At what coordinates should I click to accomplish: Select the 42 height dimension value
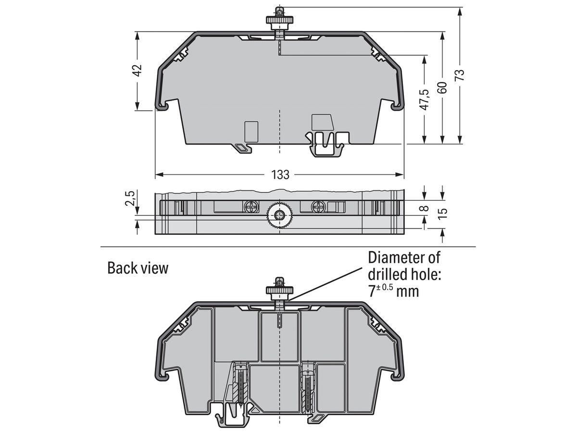(x=138, y=70)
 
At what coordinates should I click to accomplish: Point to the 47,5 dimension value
(x=424, y=100)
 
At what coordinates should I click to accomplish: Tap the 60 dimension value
(x=442, y=87)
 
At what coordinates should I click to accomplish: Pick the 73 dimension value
(x=460, y=75)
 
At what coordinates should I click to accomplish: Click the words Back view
(x=138, y=268)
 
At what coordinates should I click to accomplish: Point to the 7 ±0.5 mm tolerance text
(x=393, y=291)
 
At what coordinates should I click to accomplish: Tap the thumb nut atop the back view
(x=279, y=290)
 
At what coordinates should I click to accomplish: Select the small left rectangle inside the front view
(x=251, y=131)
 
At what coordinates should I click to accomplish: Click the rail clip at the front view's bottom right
(x=327, y=144)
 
